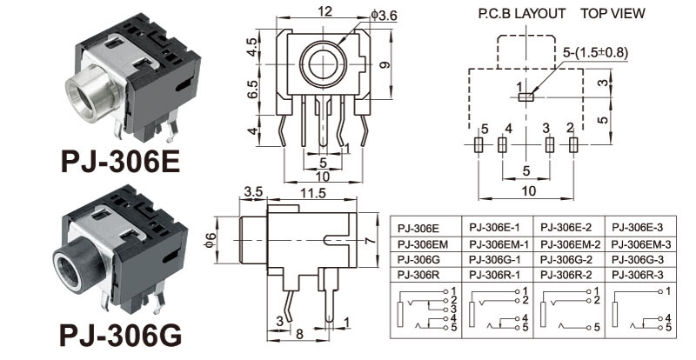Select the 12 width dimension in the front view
click(x=324, y=12)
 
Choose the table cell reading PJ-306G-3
click(x=639, y=259)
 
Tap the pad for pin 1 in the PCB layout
click(x=525, y=97)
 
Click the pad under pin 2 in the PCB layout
click(x=572, y=145)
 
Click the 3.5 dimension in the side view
click(x=253, y=191)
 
